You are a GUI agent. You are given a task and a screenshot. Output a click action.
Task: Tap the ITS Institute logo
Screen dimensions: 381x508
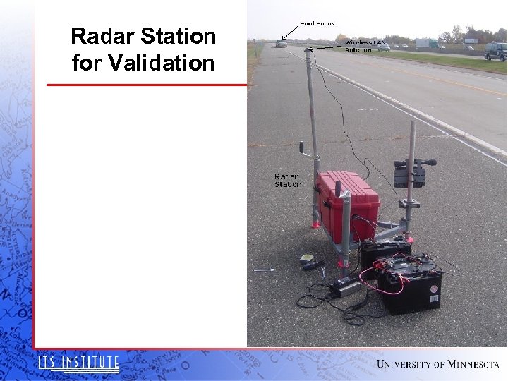point(78,363)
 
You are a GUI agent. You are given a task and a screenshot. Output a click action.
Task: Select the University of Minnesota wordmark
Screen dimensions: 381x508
point(437,364)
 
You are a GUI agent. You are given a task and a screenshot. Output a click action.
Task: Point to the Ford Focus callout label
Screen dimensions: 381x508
point(317,24)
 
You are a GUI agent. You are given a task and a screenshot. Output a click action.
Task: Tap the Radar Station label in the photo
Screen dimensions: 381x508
point(287,181)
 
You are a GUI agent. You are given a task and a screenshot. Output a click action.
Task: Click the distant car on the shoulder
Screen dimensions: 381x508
point(282,44)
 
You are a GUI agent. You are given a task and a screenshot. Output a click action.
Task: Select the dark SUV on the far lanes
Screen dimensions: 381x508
point(495,51)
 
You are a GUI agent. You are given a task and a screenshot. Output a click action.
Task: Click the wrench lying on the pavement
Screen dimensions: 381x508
point(262,270)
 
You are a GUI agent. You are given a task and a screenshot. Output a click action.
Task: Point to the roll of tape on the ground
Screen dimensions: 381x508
point(306,258)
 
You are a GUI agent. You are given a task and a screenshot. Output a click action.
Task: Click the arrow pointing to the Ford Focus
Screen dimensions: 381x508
point(289,33)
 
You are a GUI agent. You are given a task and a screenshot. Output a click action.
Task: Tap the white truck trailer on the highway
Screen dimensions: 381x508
point(425,43)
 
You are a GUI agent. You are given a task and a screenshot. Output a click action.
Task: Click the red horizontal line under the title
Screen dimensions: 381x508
point(147,85)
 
